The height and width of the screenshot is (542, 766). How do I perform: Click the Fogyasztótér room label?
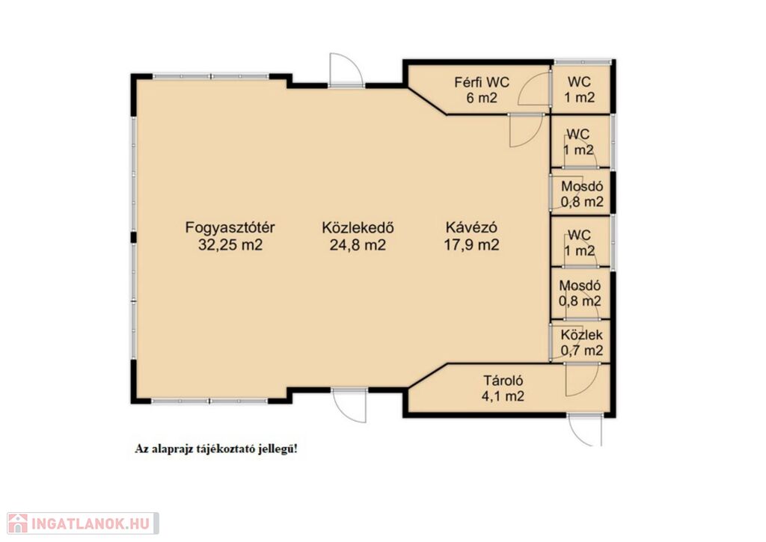[230, 227]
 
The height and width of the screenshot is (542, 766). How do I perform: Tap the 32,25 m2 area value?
[230, 244]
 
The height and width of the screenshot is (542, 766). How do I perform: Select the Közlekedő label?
[358, 227]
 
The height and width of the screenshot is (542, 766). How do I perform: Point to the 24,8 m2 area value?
[358, 244]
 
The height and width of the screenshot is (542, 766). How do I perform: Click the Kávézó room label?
[471, 227]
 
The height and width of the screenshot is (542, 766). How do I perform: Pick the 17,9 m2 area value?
[471, 244]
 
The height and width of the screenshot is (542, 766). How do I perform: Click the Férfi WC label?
[482, 82]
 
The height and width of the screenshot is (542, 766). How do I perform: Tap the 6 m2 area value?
[482, 98]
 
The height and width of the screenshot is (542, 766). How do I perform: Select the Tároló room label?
[503, 381]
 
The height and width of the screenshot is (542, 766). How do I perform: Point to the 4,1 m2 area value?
[503, 396]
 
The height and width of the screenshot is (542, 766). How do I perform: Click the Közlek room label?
[581, 335]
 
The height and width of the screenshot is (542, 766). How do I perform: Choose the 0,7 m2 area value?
[581, 350]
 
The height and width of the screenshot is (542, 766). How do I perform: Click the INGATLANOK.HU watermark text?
[91, 524]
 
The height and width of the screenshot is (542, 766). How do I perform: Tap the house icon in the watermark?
[18, 523]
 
